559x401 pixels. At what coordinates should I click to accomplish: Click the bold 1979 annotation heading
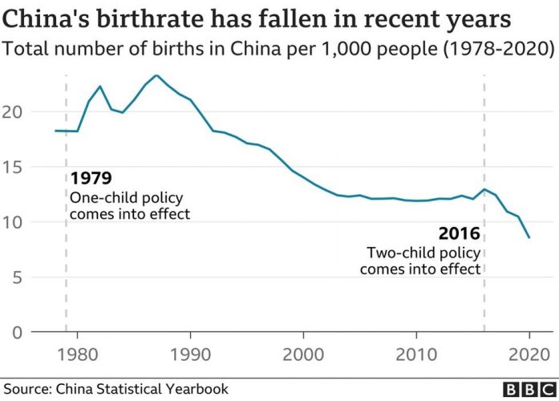[91, 178]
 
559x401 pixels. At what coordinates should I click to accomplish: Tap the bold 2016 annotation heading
[459, 234]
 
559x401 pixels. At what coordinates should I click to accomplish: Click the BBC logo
[527, 389]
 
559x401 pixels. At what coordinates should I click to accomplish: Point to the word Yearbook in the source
[198, 389]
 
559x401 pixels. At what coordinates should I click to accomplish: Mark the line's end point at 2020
[529, 237]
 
